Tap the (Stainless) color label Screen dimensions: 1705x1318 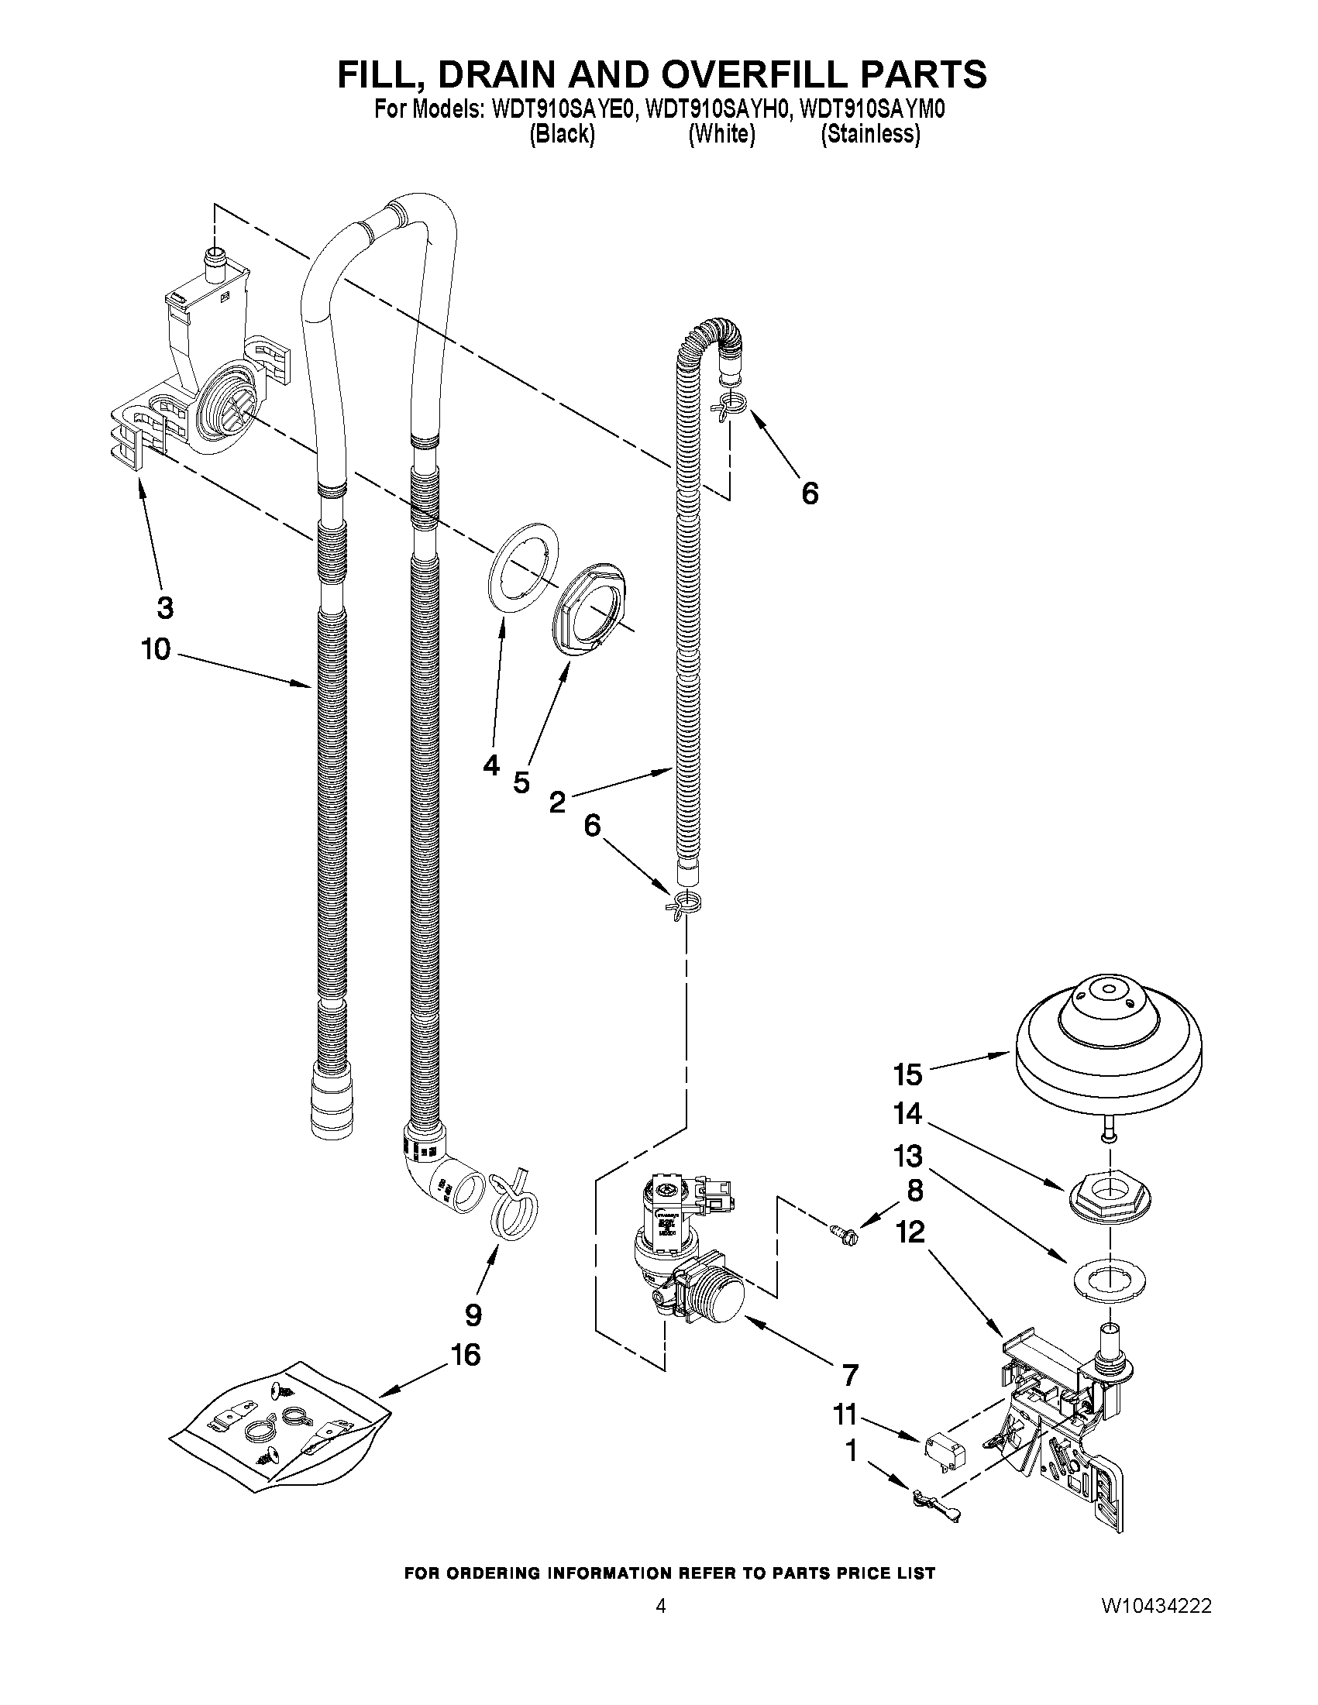870,135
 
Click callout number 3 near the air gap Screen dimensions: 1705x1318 165,607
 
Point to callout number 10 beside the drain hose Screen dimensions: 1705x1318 156,648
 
